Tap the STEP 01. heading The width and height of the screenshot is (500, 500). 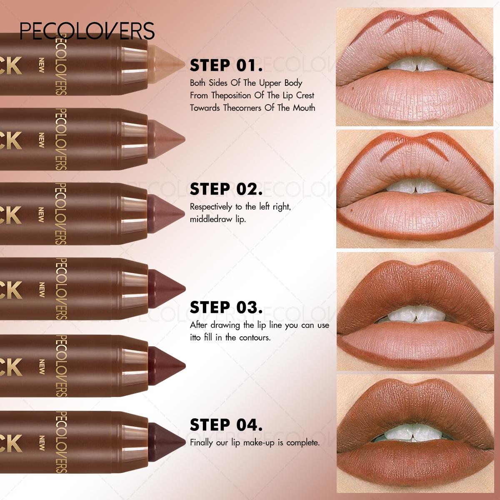(x=226, y=65)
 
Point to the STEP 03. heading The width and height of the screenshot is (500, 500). (x=226, y=307)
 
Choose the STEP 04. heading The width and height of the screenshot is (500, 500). (x=226, y=425)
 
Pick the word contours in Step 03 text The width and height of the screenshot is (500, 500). (x=255, y=337)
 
